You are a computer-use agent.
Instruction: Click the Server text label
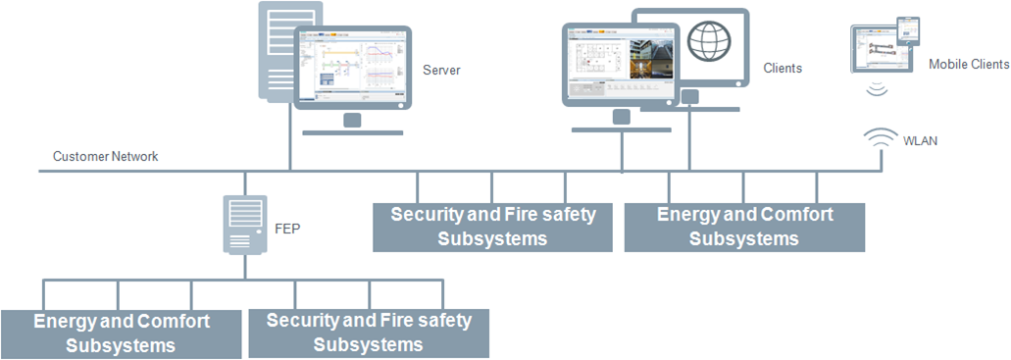(x=441, y=70)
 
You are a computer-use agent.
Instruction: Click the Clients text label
(x=783, y=69)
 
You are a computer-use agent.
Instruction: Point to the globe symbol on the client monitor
(x=707, y=42)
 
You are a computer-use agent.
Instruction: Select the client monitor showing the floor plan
(x=619, y=64)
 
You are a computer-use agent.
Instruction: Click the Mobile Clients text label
(x=968, y=65)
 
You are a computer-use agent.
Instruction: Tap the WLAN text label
(x=920, y=141)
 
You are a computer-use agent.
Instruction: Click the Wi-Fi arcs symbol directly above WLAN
(x=878, y=138)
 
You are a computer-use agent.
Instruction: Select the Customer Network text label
(x=105, y=156)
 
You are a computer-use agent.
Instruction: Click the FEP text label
(x=285, y=229)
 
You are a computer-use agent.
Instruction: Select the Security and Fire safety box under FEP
(x=369, y=333)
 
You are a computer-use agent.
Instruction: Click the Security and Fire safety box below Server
(x=492, y=227)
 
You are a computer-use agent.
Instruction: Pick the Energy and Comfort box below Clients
(x=744, y=227)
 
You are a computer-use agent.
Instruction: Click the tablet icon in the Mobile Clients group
(x=881, y=50)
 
